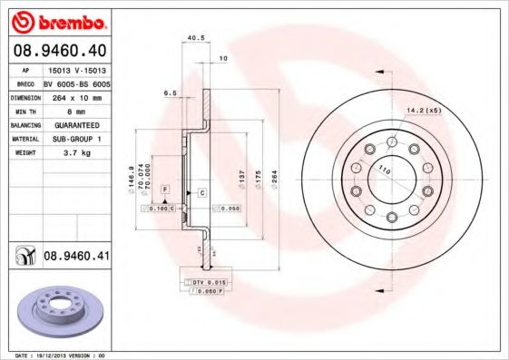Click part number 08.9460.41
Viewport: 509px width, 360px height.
(76, 257)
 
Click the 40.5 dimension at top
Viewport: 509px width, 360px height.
(193, 38)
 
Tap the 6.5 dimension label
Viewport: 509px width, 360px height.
(170, 92)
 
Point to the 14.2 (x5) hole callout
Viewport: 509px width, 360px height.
(425, 112)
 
